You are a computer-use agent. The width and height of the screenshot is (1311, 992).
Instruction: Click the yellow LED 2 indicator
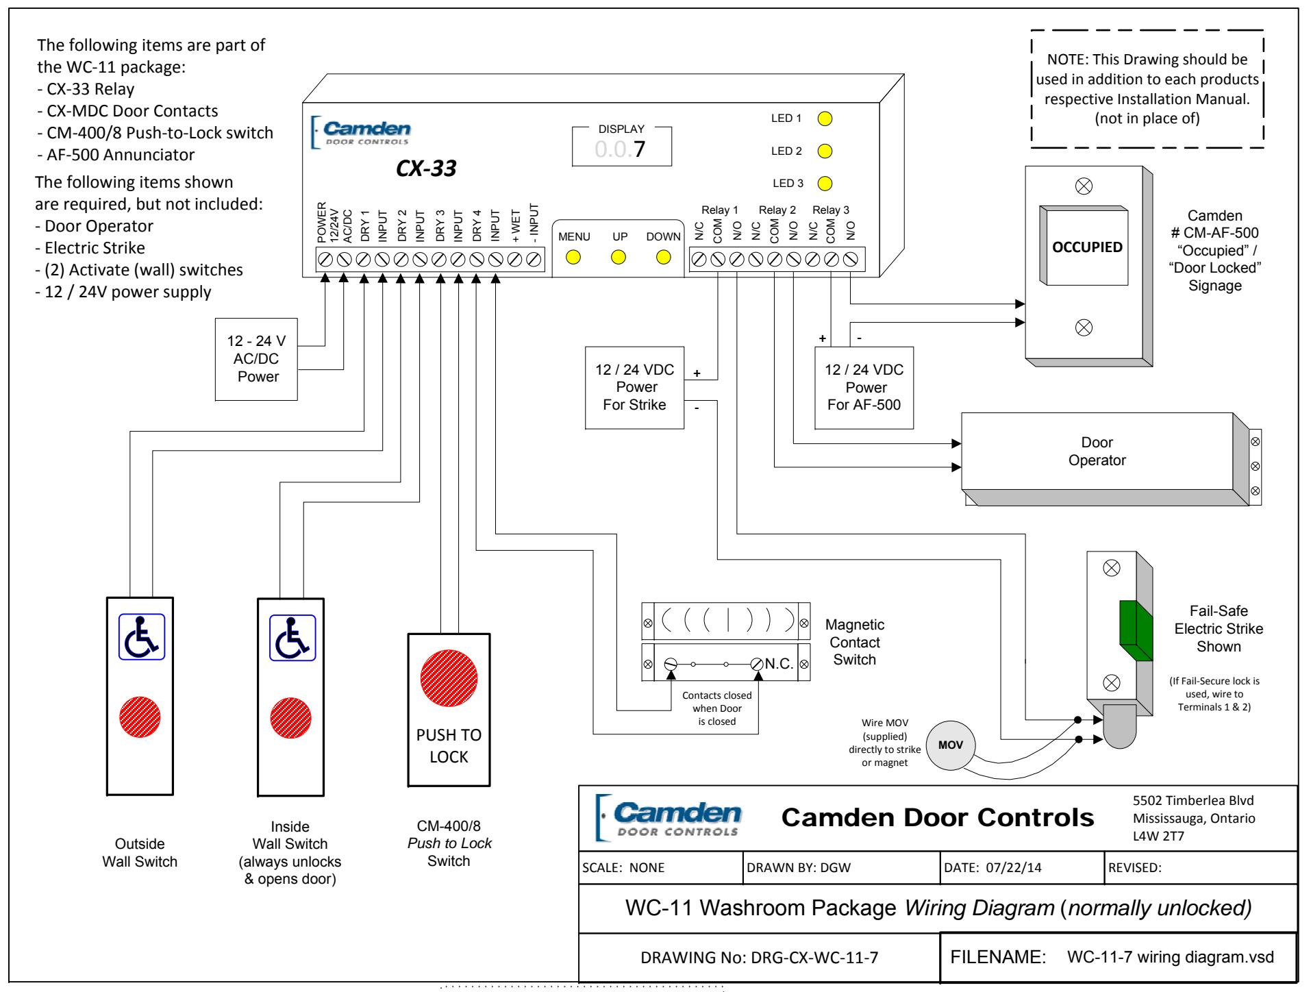(825, 151)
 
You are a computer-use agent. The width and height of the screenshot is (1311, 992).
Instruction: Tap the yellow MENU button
(573, 258)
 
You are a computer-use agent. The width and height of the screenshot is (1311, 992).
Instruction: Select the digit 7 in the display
(639, 149)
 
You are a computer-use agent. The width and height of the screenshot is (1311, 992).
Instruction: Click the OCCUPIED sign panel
(1087, 247)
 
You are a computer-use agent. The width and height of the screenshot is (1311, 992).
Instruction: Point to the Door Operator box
(1097, 451)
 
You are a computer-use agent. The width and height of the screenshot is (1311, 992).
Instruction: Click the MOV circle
(951, 745)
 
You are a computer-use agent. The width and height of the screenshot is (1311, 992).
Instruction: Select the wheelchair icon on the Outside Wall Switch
(142, 636)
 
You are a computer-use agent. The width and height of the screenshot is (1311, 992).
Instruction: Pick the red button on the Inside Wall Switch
(291, 717)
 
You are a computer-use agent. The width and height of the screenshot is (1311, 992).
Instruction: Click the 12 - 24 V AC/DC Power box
(257, 359)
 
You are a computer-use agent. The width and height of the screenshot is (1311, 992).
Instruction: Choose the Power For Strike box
(634, 388)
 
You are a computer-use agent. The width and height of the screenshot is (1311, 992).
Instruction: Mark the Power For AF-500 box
(864, 388)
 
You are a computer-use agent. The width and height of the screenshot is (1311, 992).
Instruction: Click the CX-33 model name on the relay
(426, 169)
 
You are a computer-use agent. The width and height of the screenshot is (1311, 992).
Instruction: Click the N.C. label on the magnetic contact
(779, 664)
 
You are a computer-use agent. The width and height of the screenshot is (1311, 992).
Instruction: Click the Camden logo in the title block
(670, 817)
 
